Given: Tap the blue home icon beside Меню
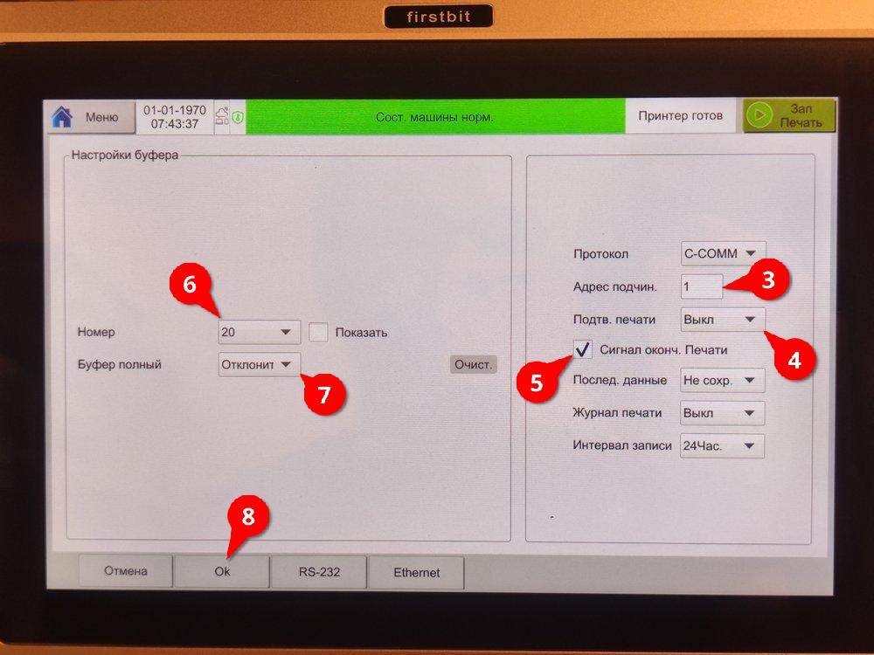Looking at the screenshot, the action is [x=62, y=118].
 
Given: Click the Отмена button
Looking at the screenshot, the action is [x=125, y=571].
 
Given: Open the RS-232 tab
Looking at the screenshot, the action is [x=319, y=572].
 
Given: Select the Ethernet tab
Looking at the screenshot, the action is [x=416, y=573].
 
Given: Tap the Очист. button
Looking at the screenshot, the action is [x=473, y=365].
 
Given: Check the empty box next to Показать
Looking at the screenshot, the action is [x=318, y=332].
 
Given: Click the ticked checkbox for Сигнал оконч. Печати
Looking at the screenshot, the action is [x=582, y=350].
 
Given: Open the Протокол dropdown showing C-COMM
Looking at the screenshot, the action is [x=723, y=254].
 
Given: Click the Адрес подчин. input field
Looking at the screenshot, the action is [x=702, y=286].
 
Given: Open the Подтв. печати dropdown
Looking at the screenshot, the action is [x=723, y=320].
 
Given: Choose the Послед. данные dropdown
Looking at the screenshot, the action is [x=723, y=381].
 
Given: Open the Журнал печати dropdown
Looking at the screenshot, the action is [x=722, y=413].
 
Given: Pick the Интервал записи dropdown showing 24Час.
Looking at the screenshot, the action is [x=722, y=445].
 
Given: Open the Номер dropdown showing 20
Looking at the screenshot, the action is [x=260, y=332].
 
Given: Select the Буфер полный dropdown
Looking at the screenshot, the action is [x=260, y=365].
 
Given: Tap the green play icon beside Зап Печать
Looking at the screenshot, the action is [x=760, y=115].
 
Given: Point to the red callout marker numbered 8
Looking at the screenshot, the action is [x=248, y=517].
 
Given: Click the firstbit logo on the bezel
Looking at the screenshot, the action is [x=439, y=17].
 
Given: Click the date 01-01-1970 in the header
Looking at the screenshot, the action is [x=175, y=110].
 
